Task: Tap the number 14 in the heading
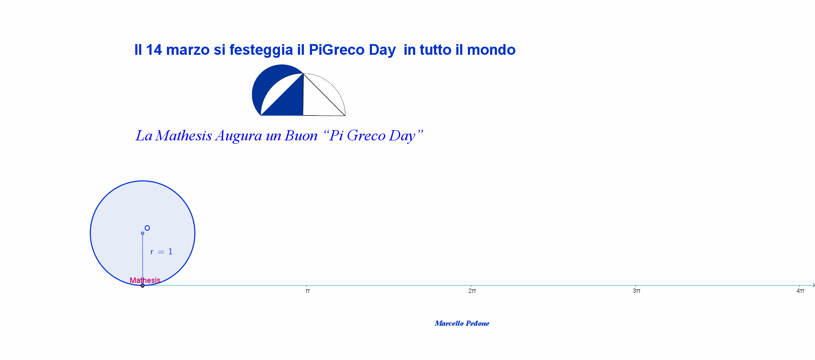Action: (154, 50)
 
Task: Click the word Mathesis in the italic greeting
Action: (184, 135)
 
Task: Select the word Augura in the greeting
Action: (239, 136)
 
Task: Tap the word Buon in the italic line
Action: (301, 135)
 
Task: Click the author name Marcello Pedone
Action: (462, 323)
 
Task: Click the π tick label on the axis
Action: (308, 291)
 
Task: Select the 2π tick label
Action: (472, 291)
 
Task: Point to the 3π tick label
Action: (637, 291)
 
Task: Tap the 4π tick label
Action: (800, 291)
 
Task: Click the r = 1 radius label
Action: (161, 252)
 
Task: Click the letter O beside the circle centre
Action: (147, 228)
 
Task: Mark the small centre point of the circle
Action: (143, 233)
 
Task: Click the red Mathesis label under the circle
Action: (145, 280)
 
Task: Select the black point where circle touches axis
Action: (143, 286)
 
